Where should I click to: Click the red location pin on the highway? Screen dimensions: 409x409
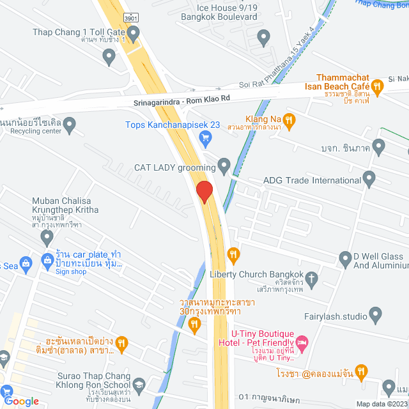coord(204,192)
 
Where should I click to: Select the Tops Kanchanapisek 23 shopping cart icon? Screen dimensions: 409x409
coord(205,137)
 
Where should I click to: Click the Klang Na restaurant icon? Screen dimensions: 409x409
coord(289,120)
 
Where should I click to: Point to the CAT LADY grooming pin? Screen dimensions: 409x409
coord(224,167)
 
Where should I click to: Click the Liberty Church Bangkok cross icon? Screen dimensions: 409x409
coord(312,279)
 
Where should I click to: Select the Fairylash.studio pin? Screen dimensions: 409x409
coord(376,315)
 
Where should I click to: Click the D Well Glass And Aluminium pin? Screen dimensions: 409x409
coord(345,259)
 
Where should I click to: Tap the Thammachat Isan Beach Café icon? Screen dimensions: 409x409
coord(378,85)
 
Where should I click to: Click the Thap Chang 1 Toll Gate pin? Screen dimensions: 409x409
coord(109,57)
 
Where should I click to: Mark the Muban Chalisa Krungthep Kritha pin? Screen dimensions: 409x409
coord(46,238)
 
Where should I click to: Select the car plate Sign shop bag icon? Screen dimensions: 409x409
coord(47,261)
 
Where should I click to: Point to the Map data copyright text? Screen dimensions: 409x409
coord(382,404)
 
